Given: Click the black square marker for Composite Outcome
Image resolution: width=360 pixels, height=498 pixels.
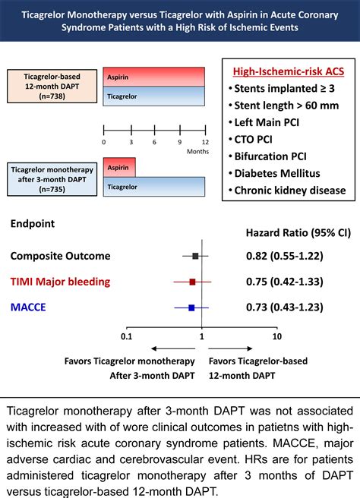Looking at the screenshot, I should pyautogui.click(x=195, y=257).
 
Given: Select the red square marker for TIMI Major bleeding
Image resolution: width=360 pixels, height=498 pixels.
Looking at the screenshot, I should pyautogui.click(x=192, y=282).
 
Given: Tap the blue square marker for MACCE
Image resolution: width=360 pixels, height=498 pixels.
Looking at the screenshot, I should pyautogui.click(x=191, y=307).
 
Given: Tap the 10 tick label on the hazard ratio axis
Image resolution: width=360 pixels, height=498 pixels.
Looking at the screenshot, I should pyautogui.click(x=276, y=335).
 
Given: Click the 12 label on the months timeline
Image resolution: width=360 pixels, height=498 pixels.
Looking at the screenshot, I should pyautogui.click(x=204, y=142).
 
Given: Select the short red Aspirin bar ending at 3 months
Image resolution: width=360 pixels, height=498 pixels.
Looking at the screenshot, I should pyautogui.click(x=119, y=166).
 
